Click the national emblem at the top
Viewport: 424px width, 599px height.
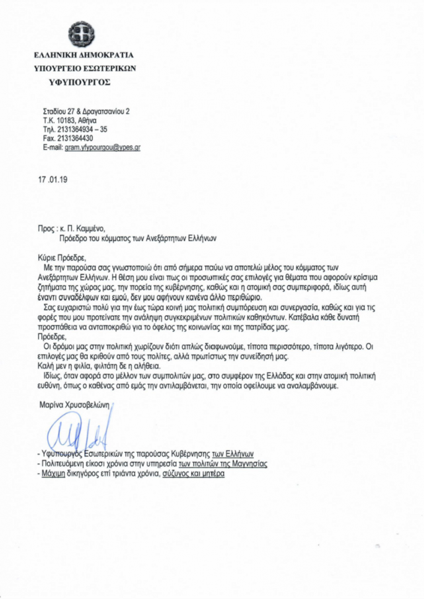tap(79, 33)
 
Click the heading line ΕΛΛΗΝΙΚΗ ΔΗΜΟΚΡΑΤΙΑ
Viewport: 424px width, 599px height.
tap(84, 55)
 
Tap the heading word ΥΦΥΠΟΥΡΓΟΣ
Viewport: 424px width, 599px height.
tap(80, 81)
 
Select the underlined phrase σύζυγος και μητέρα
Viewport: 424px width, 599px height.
tap(194, 474)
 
